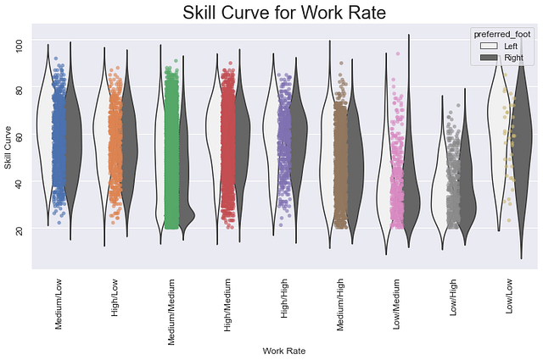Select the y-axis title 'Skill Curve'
point(9,146)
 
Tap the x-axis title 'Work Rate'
point(284,351)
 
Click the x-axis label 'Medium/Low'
point(59,302)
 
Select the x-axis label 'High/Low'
point(115,297)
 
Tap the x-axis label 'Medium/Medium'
point(171,310)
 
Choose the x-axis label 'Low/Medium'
point(397,303)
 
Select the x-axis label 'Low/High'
point(454,296)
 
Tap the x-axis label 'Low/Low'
point(510,296)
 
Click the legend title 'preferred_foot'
point(501,33)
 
